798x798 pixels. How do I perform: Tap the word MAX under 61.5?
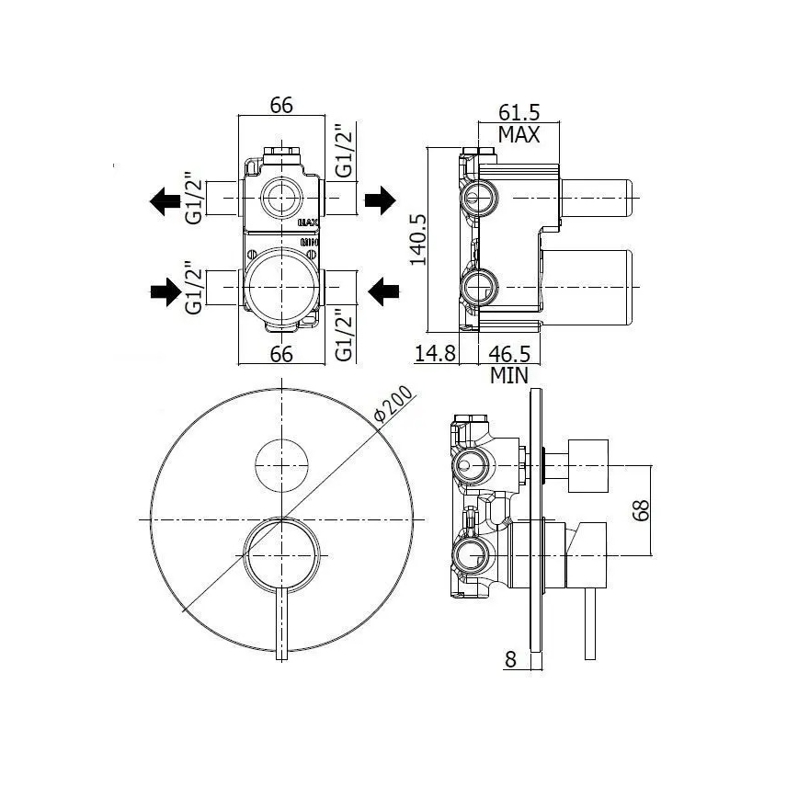518,135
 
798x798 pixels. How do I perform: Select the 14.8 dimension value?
435,353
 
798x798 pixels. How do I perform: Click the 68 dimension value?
643,509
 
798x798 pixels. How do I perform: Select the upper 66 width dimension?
281,106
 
